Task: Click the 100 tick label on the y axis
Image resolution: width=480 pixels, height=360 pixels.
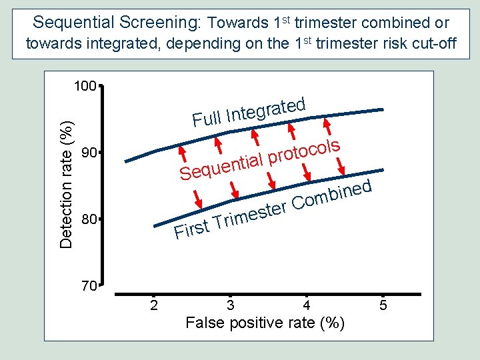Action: pos(85,87)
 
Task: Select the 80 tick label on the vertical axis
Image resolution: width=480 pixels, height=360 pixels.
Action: pos(87,219)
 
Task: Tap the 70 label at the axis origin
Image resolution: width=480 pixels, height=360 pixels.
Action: pos(87,287)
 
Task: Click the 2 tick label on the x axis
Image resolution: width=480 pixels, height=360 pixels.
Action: pos(154,306)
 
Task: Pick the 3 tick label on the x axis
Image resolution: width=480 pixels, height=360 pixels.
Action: pos(230,306)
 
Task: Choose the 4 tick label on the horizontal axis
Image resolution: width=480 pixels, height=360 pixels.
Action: pos(306,306)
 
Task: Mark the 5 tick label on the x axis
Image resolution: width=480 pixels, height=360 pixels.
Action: pos(383,306)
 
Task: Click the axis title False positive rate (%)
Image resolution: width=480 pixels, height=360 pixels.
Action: pos(265,323)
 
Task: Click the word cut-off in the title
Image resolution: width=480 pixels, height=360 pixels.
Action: pos(436,44)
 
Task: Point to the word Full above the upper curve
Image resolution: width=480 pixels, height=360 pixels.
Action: pos(206,119)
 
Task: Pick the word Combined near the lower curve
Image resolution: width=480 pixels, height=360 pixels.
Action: pos(331,194)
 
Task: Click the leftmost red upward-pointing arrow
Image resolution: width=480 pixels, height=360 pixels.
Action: pos(181,152)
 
